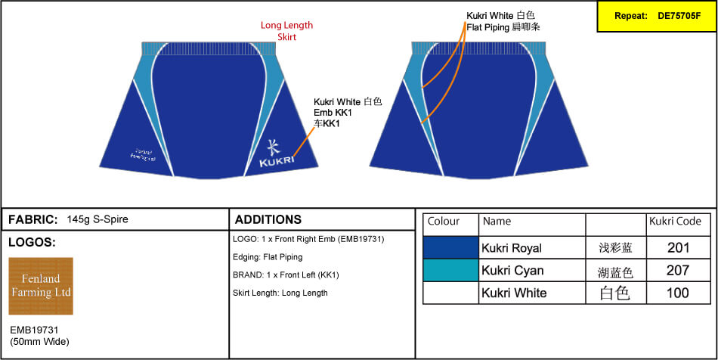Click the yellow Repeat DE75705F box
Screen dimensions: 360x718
point(656,16)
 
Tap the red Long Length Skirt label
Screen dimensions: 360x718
point(286,31)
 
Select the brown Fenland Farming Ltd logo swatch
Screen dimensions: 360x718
point(41,286)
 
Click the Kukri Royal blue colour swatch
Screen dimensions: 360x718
point(451,247)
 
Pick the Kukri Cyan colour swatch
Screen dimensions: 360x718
point(451,270)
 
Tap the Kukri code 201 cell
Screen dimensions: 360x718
point(678,247)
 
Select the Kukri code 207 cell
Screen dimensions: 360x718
point(678,270)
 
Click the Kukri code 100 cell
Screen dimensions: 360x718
point(678,293)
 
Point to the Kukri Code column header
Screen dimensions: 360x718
point(675,222)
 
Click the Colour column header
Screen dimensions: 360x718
point(444,222)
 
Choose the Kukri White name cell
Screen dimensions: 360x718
point(514,293)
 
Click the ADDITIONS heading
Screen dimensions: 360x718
point(268,219)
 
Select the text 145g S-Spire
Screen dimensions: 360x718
point(97,219)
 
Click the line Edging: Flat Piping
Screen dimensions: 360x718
point(268,257)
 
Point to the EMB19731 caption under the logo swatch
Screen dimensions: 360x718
point(34,331)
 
